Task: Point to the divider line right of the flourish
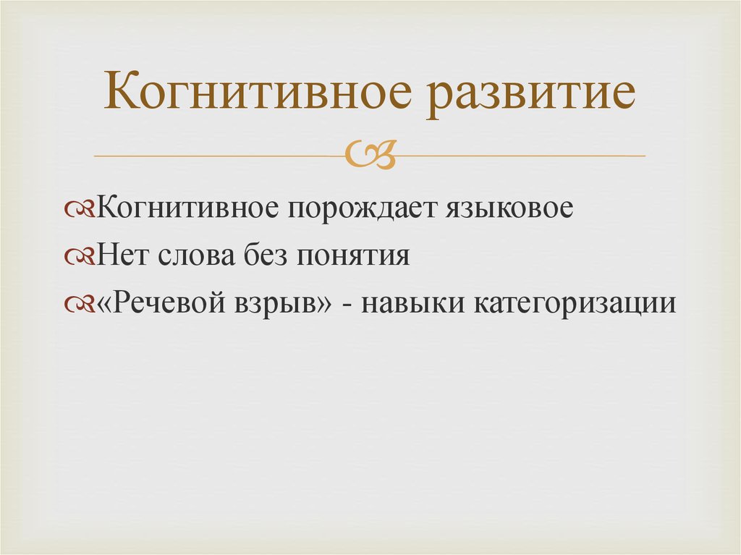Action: [x=521, y=156]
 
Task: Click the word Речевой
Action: [x=161, y=302]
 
